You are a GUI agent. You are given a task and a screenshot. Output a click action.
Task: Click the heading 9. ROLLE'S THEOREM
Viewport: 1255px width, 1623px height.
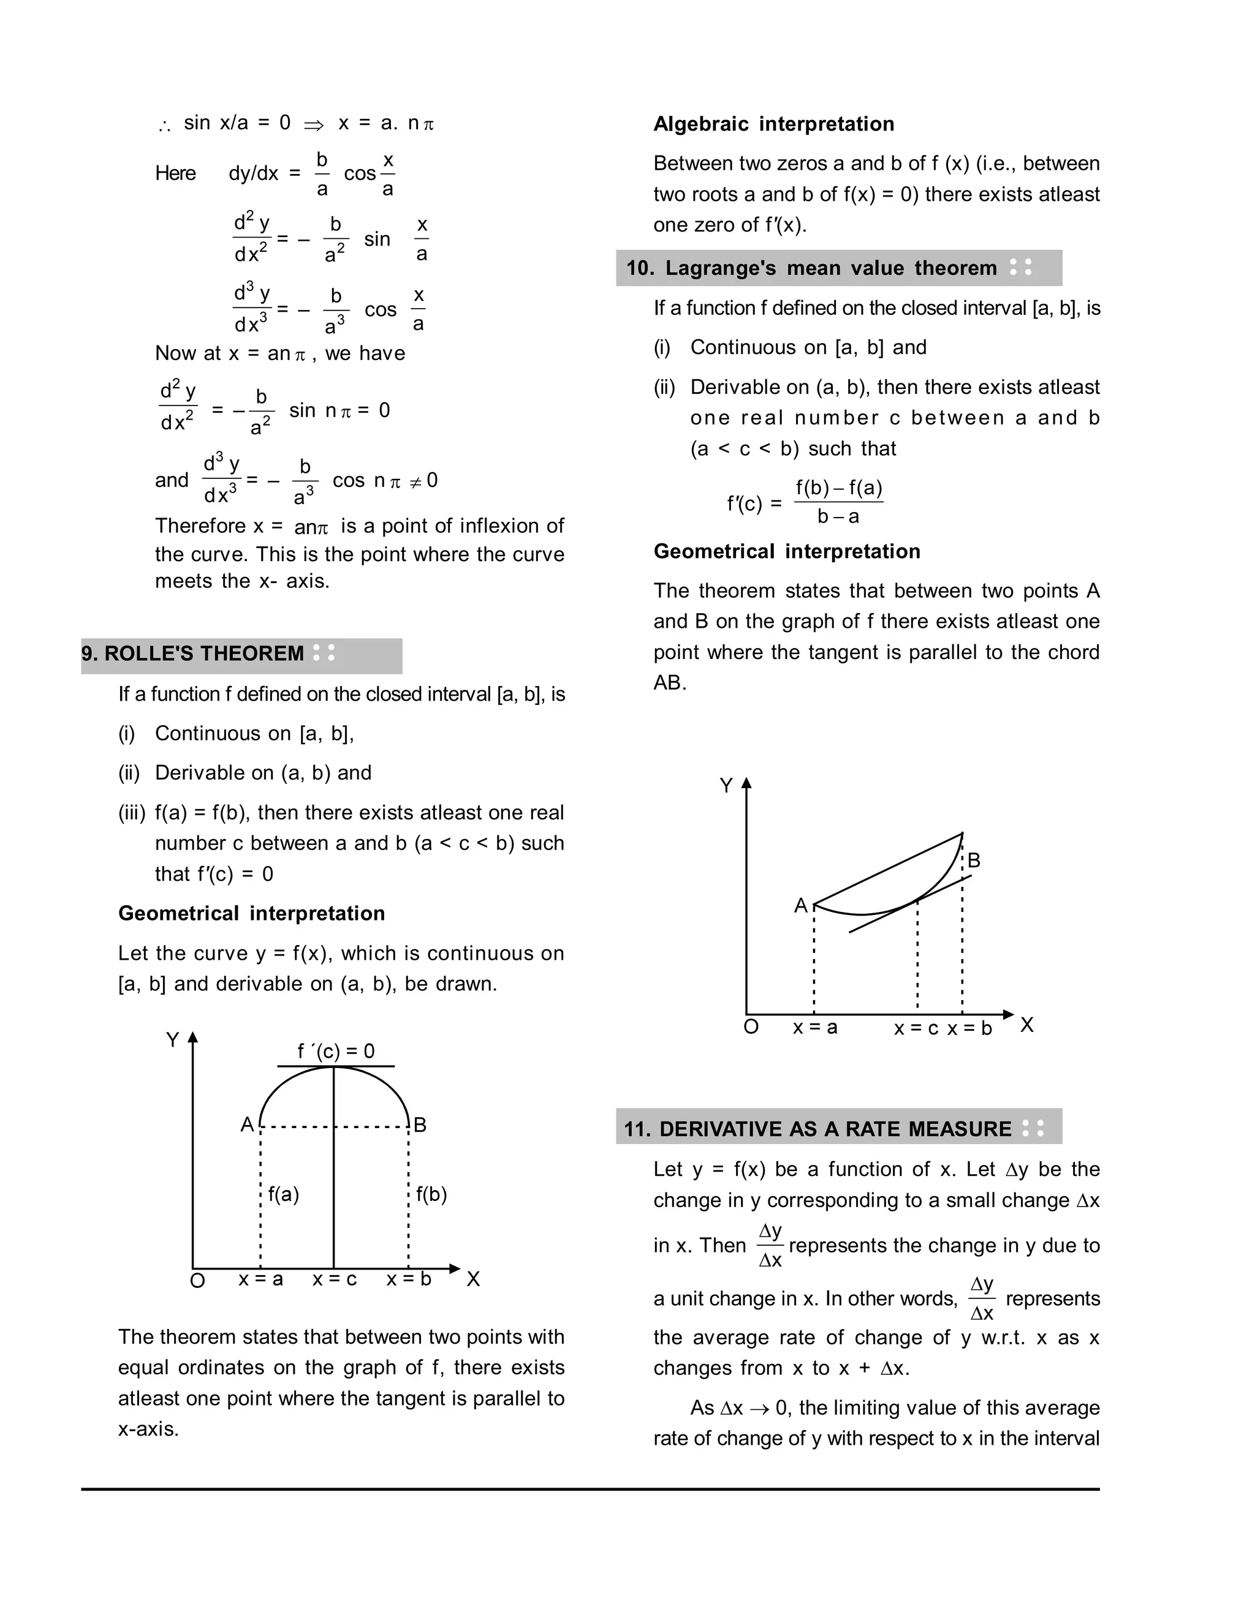tap(192, 654)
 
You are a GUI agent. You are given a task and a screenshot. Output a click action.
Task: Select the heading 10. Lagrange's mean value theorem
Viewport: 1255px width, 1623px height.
tap(811, 268)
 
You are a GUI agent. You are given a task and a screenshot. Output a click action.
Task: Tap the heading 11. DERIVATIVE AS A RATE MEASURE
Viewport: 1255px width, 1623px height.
tap(817, 1129)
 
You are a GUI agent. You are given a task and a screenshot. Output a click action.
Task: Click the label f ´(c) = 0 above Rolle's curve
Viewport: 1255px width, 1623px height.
tap(336, 1051)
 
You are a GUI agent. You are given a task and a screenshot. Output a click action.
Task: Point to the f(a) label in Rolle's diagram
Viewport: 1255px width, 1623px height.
tap(283, 1194)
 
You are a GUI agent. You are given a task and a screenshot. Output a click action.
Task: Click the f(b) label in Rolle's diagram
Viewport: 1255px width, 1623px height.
tap(431, 1194)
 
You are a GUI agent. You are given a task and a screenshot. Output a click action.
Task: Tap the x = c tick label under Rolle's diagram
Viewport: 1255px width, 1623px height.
tap(335, 1279)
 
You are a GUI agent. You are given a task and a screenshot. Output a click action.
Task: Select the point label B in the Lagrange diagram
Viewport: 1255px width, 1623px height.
tap(974, 860)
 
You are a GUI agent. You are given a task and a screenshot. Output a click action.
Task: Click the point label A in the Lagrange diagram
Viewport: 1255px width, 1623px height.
tap(801, 906)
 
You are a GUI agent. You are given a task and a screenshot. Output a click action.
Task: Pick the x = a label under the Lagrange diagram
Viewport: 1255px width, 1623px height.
tap(815, 1028)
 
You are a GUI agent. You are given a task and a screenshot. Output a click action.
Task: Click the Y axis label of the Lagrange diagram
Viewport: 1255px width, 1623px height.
tap(726, 786)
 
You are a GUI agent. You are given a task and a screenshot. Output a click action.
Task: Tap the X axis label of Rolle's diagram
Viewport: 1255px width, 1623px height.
tap(474, 1279)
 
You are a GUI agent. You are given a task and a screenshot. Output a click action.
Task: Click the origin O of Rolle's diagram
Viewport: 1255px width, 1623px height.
tap(197, 1281)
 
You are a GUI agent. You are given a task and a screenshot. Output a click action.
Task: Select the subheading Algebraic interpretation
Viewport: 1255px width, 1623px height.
tap(773, 124)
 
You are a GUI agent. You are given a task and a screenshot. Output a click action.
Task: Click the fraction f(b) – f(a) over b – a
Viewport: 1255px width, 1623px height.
tap(839, 502)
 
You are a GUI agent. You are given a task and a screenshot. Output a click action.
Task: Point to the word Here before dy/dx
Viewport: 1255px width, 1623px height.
tap(175, 173)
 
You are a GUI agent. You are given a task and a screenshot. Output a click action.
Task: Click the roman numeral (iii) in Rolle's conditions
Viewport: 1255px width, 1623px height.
tap(132, 812)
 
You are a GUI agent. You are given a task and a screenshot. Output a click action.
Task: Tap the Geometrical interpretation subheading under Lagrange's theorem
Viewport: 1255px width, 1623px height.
tap(787, 551)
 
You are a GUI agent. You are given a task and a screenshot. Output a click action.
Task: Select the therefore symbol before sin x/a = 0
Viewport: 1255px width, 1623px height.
tap(164, 126)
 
